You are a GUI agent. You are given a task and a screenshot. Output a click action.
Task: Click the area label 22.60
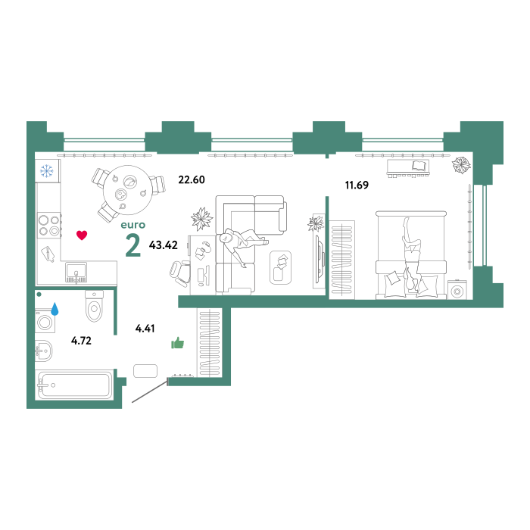[192, 179]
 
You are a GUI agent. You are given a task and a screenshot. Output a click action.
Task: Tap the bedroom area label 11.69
[357, 185]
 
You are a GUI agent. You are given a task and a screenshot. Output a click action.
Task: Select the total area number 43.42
[164, 245]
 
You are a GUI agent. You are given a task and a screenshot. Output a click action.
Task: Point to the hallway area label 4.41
[145, 328]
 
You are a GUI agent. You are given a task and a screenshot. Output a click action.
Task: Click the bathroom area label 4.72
[81, 341]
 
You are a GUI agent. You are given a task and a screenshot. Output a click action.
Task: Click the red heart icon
[82, 235]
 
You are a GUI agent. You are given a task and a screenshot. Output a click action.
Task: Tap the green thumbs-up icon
[177, 343]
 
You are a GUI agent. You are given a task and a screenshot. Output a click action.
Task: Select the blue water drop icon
[55, 309]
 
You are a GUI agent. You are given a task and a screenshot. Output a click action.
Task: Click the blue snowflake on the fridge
[47, 170]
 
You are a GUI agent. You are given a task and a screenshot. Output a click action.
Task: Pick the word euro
[133, 225]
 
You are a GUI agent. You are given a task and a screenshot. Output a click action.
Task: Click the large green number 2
[132, 246]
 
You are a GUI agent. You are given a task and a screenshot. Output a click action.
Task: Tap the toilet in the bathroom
[94, 306]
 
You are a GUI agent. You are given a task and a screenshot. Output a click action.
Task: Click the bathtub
[75, 385]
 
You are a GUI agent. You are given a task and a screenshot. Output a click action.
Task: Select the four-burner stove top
[49, 226]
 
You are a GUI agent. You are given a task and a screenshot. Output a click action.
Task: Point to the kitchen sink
[76, 273]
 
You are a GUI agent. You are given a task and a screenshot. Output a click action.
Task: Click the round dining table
[126, 190]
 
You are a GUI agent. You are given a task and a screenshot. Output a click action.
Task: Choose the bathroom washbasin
[44, 351]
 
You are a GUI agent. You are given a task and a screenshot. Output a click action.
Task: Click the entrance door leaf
[149, 391]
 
